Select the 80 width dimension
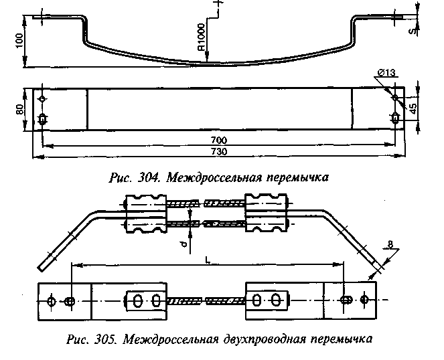[x=20, y=108]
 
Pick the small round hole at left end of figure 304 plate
[x=43, y=99]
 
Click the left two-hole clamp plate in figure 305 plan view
[x=144, y=301]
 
